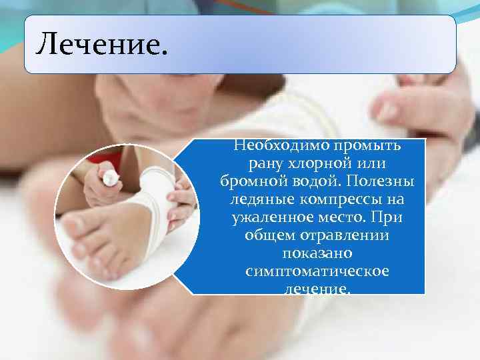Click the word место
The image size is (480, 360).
pos(343,218)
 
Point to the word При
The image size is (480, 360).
pos(389,218)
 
